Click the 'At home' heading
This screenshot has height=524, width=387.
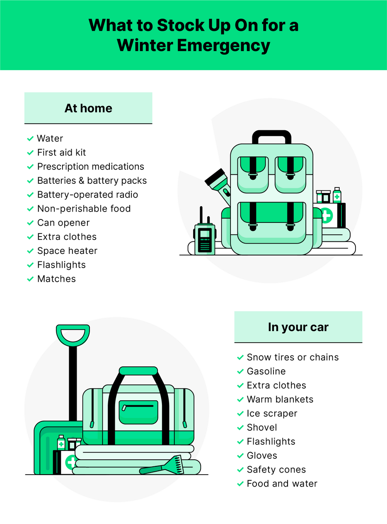point(88,108)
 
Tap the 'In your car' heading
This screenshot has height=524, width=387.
point(298,327)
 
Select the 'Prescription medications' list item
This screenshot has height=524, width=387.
point(90,167)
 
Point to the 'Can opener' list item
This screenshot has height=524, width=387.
point(63,223)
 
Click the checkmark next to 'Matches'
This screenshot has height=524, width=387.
point(30,279)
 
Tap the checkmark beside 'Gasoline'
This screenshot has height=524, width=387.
point(240,371)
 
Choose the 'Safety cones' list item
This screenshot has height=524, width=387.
point(276,470)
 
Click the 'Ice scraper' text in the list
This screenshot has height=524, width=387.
point(272,414)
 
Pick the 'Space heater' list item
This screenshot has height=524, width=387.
point(67,251)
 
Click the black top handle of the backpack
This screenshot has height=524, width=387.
point(271,135)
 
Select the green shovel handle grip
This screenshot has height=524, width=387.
point(73,334)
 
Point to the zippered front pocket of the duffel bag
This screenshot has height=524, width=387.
point(138,412)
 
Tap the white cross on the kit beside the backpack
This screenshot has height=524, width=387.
point(326,215)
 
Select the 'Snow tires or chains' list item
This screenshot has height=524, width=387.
point(293,357)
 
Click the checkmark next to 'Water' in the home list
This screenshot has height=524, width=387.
point(30,139)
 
